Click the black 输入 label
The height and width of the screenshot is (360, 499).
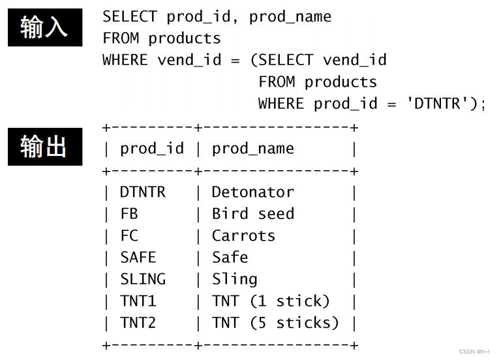point(44,27)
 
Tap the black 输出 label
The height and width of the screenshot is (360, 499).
point(44,147)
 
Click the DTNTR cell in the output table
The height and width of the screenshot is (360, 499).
point(143,192)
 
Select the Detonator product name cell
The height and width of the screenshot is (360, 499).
point(252,192)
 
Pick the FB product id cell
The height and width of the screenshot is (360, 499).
point(129,214)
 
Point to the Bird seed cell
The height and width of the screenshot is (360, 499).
point(252,214)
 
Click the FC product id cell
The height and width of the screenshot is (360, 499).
point(129,235)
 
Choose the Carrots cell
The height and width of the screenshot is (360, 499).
point(243,235)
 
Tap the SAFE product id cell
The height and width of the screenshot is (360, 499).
point(138,258)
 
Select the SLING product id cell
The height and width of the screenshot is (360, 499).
point(143,279)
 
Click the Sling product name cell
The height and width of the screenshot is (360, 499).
point(234,279)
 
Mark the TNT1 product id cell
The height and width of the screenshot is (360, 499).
point(138,301)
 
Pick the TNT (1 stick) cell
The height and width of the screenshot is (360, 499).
point(271,301)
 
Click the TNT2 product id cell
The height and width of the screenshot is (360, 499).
point(138,323)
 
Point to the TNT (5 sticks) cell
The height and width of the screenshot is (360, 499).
point(275,323)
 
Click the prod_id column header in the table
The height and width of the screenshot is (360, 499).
point(152,149)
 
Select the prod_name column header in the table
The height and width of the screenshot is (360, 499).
point(252,149)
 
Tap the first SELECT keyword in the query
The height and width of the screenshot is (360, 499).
point(129,16)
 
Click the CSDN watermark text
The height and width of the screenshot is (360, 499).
point(474,352)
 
